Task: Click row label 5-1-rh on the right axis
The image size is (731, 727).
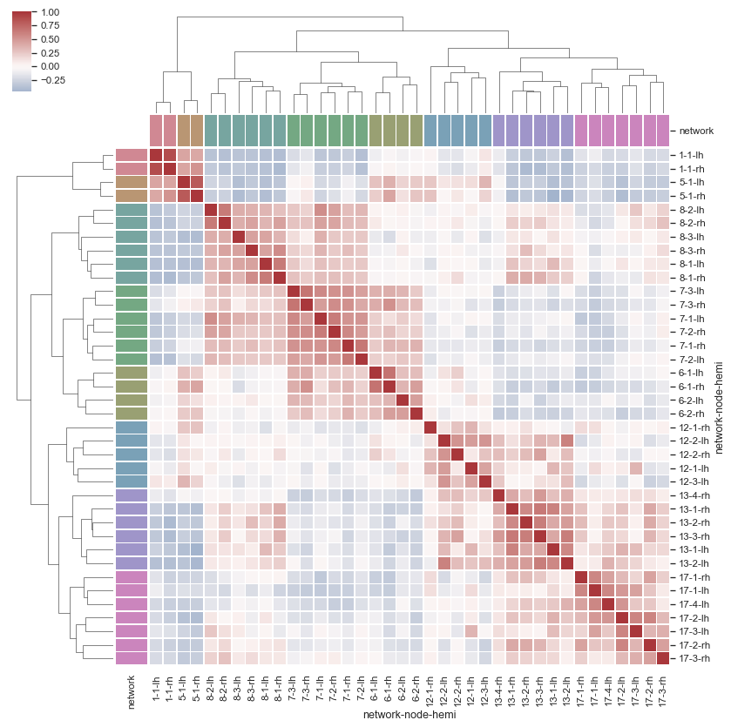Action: point(692,197)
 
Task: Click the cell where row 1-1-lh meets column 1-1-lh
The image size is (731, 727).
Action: point(156,156)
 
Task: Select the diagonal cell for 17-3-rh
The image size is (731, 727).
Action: point(663,659)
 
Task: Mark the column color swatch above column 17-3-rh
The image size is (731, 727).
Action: point(663,131)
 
